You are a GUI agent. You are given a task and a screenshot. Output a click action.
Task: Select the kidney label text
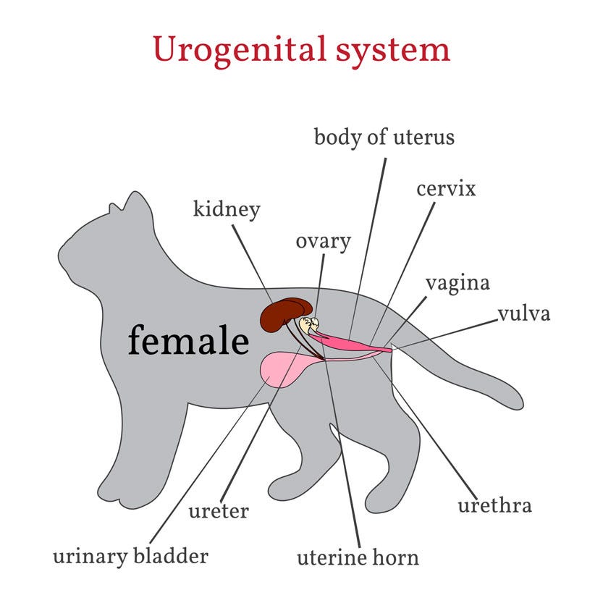coord(227,210)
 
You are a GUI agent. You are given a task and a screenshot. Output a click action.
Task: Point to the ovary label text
coord(323,242)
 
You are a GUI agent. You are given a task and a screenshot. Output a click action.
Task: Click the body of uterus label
coord(384,137)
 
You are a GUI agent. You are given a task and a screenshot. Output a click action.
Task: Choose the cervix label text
coord(446,190)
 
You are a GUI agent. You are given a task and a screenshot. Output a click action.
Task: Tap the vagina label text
coord(457,283)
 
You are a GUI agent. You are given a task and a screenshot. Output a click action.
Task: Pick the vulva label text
coord(524,314)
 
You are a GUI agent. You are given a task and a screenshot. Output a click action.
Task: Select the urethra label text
coord(494,505)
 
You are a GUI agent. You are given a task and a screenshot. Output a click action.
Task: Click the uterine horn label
coord(358,558)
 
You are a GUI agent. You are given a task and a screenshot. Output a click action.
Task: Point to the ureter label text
coord(219,511)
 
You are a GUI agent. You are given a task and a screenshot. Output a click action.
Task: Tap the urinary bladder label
coord(130,557)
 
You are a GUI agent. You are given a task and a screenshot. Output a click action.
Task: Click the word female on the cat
coord(188,340)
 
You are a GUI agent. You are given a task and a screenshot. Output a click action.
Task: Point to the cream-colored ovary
coord(309,325)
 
